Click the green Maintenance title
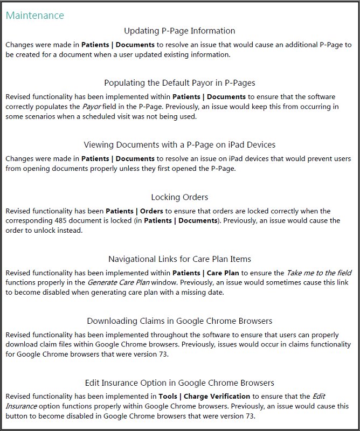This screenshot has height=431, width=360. (x=34, y=16)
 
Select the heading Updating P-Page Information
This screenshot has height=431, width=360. (x=179, y=31)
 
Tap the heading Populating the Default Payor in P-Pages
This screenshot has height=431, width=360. (x=179, y=83)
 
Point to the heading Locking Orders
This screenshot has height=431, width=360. (x=179, y=197)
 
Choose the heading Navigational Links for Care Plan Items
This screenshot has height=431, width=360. (x=179, y=259)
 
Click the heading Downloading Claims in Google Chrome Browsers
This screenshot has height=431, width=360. (x=179, y=321)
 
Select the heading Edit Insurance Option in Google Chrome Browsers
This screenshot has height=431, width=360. (x=179, y=383)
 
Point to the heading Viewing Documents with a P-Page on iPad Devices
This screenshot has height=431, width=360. (x=179, y=145)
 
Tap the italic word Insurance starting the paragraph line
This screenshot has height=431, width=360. (x=22, y=406)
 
